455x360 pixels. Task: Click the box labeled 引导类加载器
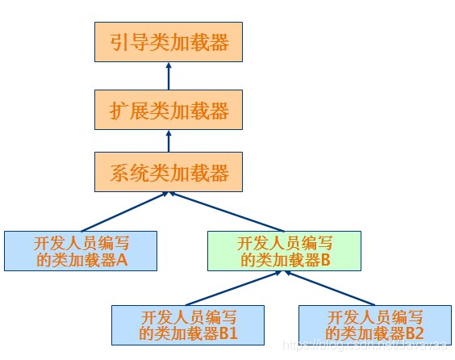pos(169,42)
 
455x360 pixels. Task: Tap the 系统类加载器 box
pos(169,172)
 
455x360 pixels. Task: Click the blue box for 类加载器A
pos(80,251)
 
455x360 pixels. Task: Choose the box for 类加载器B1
pos(187,324)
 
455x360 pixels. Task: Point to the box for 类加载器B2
pos(374,324)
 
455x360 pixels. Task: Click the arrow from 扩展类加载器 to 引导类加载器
pos(169,77)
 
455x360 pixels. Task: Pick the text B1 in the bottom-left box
pos(227,333)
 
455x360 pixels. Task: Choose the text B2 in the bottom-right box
pos(414,333)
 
